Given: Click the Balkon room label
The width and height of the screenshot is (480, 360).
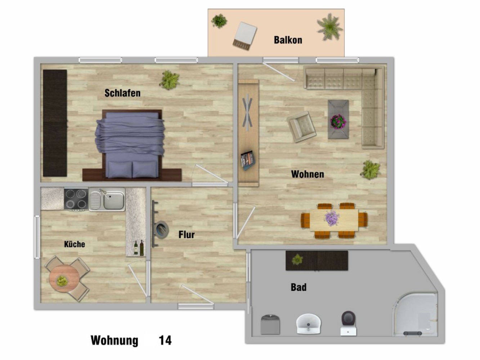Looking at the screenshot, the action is pyautogui.click(x=288, y=40).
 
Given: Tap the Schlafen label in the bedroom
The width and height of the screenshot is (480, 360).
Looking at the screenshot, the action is pyautogui.click(x=122, y=93).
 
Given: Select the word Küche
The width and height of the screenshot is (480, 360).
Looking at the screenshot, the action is pyautogui.click(x=75, y=244).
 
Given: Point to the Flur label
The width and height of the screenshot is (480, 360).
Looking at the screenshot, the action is pyautogui.click(x=187, y=234).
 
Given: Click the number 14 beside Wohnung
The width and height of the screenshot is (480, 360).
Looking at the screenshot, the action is pyautogui.click(x=165, y=340).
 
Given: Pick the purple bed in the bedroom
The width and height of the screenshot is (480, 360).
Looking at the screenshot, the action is pyautogui.click(x=130, y=144).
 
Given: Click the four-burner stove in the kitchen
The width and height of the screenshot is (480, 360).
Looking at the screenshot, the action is pyautogui.click(x=76, y=199).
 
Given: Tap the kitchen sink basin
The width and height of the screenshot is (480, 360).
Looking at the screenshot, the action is pyautogui.click(x=113, y=201).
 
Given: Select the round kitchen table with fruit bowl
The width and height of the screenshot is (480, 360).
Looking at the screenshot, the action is pyautogui.click(x=64, y=279).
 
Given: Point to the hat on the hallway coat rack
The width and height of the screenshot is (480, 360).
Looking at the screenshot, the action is pyautogui.click(x=162, y=230).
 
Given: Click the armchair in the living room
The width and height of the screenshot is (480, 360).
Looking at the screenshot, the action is pyautogui.click(x=301, y=127).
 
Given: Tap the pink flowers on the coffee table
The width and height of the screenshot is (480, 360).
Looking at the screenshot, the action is pyautogui.click(x=338, y=122).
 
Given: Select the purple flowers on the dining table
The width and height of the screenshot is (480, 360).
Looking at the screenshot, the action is pyautogui.click(x=332, y=218).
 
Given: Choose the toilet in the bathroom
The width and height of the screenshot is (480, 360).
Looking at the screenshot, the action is pyautogui.click(x=348, y=323).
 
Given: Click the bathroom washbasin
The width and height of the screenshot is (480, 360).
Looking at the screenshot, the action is pyautogui.click(x=308, y=324).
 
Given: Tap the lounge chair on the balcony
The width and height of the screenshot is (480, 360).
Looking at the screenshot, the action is pyautogui.click(x=245, y=36).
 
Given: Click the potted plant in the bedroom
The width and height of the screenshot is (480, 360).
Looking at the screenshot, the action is pyautogui.click(x=169, y=80).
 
